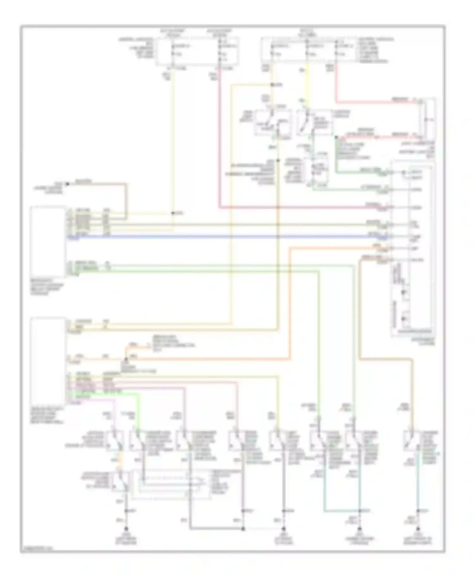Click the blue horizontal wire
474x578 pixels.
click(221, 237)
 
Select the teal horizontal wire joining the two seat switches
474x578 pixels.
click(341, 511)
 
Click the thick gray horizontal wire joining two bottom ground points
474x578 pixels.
click(216, 528)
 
